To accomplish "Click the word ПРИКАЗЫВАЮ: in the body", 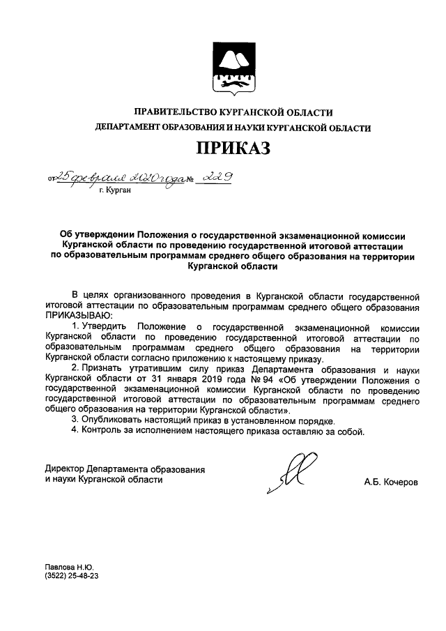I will point(72,315).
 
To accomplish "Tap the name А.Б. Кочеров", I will point(390,482).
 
